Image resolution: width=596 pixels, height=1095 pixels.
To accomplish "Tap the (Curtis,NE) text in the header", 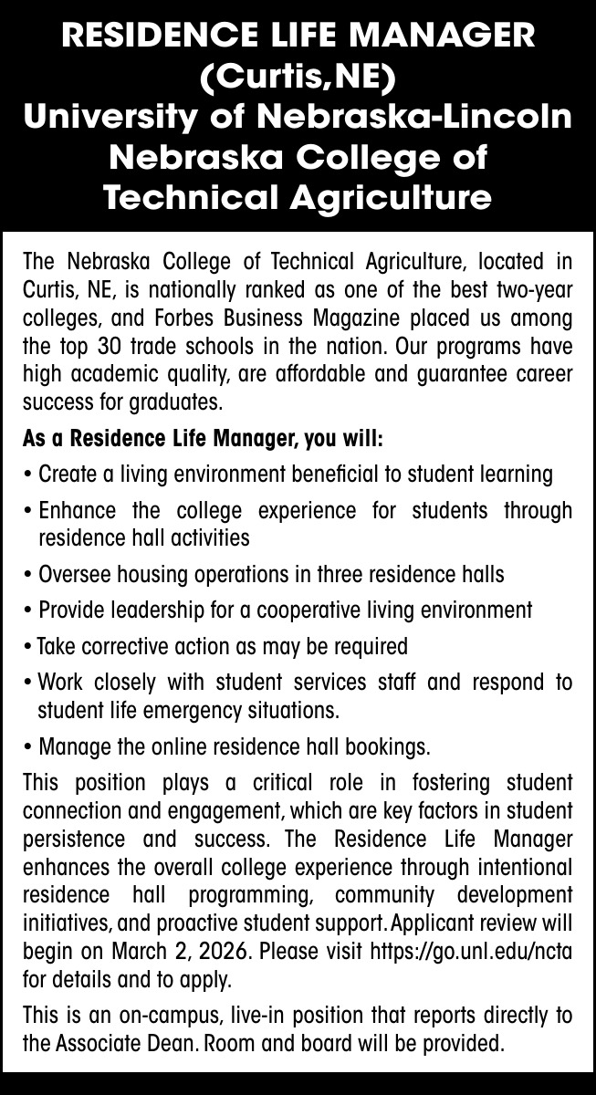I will pyautogui.click(x=298, y=78).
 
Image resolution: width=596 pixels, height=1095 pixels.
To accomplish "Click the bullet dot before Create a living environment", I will pyautogui.click(x=29, y=475).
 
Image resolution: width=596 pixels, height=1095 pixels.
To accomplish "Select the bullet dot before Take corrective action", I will pyautogui.click(x=29, y=648).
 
